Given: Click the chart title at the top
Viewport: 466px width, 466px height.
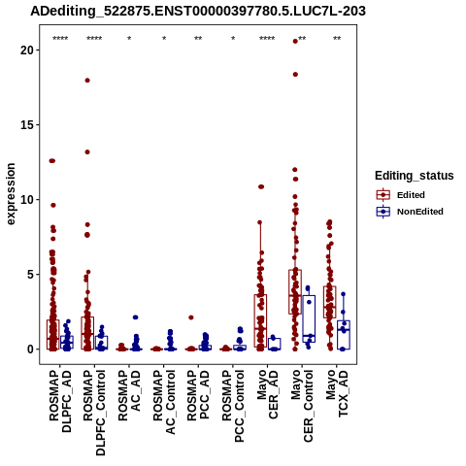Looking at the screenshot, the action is coord(198,12).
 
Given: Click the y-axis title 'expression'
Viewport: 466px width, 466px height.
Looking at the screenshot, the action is coord(11,194).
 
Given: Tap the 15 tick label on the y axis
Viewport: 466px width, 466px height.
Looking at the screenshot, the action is coord(27,124).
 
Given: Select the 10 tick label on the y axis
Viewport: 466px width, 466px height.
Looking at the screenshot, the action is coord(27,199).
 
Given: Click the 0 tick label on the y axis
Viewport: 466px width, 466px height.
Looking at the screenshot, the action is coord(31,349).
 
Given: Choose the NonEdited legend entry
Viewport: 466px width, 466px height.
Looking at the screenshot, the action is coord(410,212).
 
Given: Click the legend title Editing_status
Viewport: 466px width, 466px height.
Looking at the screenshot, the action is coord(415,176).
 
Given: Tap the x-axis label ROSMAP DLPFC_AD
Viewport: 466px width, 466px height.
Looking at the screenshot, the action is coord(60,401).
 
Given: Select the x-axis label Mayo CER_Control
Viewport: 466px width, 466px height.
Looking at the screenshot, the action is coord(302,406).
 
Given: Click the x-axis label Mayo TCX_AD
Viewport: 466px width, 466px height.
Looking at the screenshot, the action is coord(337,393).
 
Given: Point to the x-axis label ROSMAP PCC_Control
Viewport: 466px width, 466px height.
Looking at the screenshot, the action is coord(233,406).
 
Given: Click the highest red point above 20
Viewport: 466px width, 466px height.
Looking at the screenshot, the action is coord(295,41).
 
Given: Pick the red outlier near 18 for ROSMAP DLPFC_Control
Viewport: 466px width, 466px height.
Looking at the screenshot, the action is coord(87,81).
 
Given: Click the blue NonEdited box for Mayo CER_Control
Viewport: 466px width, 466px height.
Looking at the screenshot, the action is coord(309,318).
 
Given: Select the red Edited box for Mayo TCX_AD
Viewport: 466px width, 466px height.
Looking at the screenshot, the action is coord(330,302).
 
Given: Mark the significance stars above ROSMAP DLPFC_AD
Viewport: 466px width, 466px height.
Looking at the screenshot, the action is coord(60,39).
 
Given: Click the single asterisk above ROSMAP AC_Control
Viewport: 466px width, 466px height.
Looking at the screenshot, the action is coord(164,39).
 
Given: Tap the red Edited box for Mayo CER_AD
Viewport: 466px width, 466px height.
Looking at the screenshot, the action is coord(260,320).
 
